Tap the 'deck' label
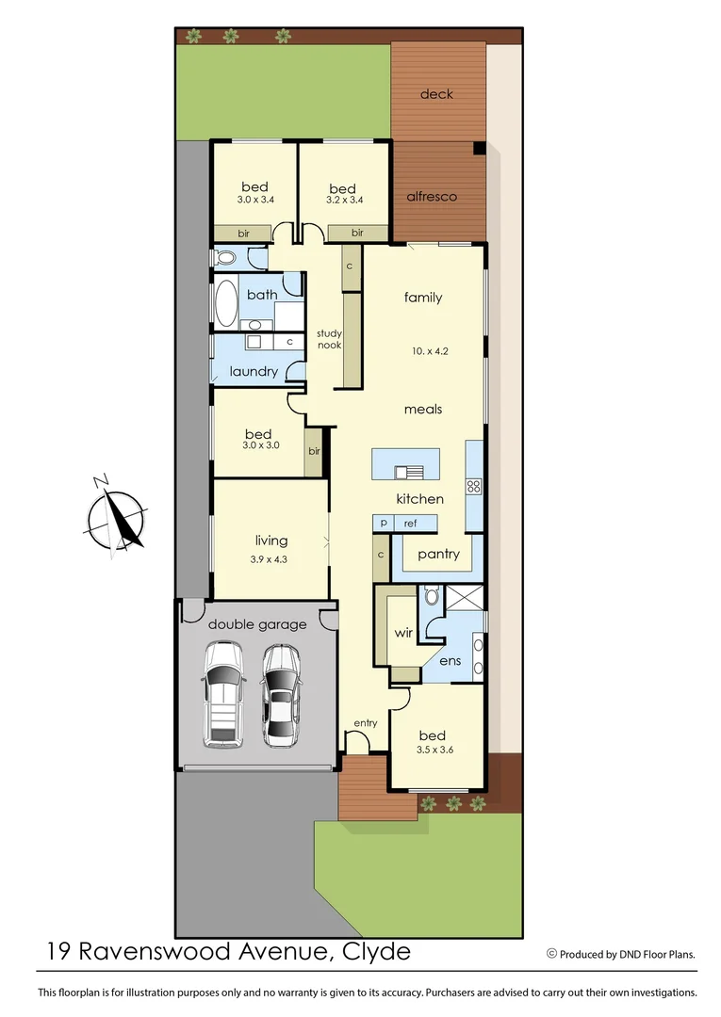click(x=436, y=94)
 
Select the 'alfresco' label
click(x=432, y=197)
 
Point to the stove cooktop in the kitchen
click(x=474, y=487)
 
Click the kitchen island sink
click(x=406, y=473)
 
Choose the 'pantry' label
click(x=438, y=554)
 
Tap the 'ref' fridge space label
click(x=410, y=524)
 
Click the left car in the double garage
click(x=222, y=694)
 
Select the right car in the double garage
click(x=280, y=695)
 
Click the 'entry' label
click(x=365, y=723)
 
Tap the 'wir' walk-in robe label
click(x=403, y=633)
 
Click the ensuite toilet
click(x=432, y=596)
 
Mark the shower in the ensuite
click(x=465, y=600)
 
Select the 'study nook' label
click(x=329, y=339)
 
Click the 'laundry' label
click(x=254, y=371)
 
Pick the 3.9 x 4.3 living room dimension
click(x=270, y=558)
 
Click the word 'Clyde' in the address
click(x=376, y=951)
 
